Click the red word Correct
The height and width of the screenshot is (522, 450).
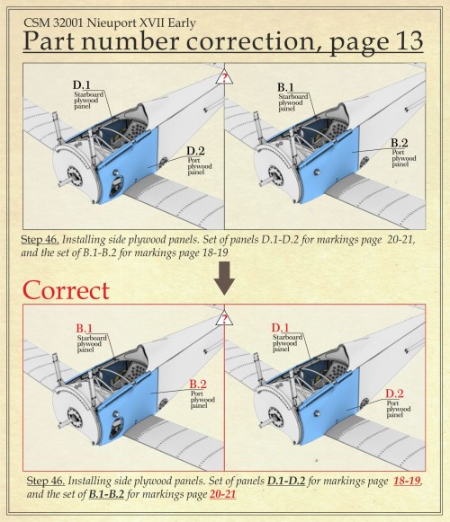pos(66,290)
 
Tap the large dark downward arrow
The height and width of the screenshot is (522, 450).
pos(224,278)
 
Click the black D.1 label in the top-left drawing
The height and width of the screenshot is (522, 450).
pos(82,84)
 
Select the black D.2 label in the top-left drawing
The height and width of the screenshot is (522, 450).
pos(195,151)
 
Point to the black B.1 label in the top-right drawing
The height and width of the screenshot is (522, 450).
pos(285,87)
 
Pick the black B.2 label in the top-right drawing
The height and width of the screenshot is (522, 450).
pos(400,143)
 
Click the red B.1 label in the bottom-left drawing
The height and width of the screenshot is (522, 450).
pos(84,328)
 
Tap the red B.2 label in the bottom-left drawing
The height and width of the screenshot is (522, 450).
pos(198,384)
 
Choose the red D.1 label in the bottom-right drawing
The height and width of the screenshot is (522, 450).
pos(280,328)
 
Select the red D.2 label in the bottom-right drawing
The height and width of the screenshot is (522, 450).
pos(394,394)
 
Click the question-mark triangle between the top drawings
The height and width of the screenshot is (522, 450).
pos(224,78)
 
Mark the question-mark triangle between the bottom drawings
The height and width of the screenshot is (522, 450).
pos(224,319)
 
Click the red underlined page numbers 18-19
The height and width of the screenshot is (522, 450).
pos(407,481)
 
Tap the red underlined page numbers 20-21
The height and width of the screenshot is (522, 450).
pos(223,494)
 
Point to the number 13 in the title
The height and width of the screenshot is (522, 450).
pos(408,41)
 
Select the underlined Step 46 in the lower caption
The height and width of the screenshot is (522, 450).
pos(45,482)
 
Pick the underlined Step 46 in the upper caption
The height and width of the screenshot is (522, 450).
pos(40,240)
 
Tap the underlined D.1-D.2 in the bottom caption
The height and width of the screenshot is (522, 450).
pos(286,481)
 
